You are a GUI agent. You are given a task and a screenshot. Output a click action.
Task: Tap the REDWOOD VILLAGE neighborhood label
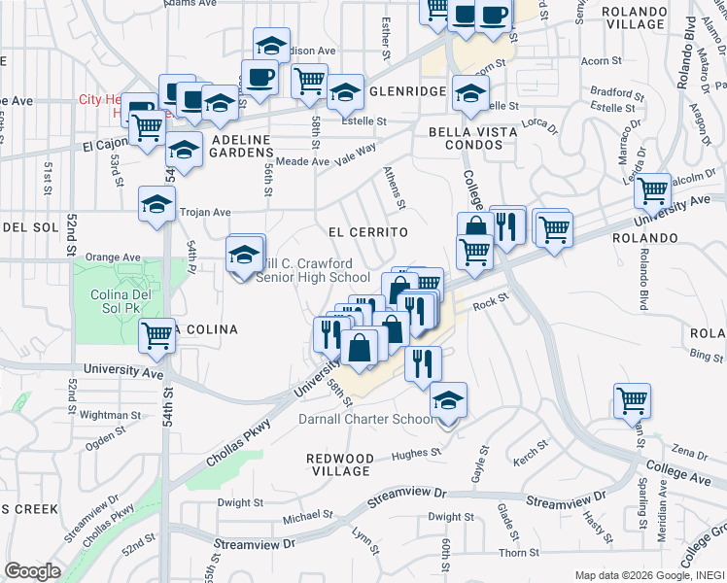click(x=339, y=464)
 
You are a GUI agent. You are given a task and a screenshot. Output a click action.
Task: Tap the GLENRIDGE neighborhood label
click(x=407, y=91)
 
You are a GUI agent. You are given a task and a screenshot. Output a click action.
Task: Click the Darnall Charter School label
click(x=364, y=419)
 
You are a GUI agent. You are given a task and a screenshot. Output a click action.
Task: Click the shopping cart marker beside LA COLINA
click(x=157, y=336)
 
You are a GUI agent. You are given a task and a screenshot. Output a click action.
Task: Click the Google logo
click(x=32, y=571)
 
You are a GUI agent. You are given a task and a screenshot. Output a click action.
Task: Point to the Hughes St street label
click(x=417, y=453)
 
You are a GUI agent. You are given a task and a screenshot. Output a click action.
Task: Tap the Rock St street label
click(x=491, y=305)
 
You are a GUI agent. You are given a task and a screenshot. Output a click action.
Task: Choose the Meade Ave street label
click(x=302, y=161)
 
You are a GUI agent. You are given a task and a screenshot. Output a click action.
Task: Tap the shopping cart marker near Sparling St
click(x=632, y=399)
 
